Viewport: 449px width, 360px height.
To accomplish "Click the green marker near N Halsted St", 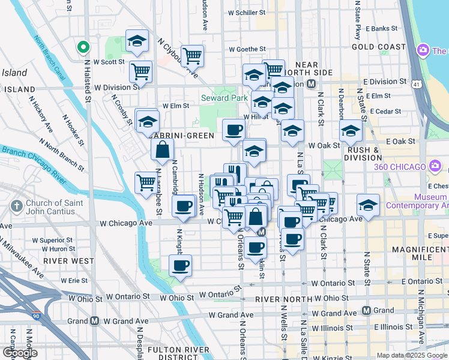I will click(84, 46).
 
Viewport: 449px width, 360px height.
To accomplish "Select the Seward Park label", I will click(223, 98).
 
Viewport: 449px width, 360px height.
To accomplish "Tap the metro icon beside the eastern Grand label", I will click(366, 311).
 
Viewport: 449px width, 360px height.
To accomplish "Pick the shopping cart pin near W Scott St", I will click(140, 71).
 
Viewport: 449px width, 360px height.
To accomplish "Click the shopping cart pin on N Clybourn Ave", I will click(192, 56).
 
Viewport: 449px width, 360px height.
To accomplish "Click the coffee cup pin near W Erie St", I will click(179, 265).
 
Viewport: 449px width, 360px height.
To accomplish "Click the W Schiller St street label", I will click(247, 12).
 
